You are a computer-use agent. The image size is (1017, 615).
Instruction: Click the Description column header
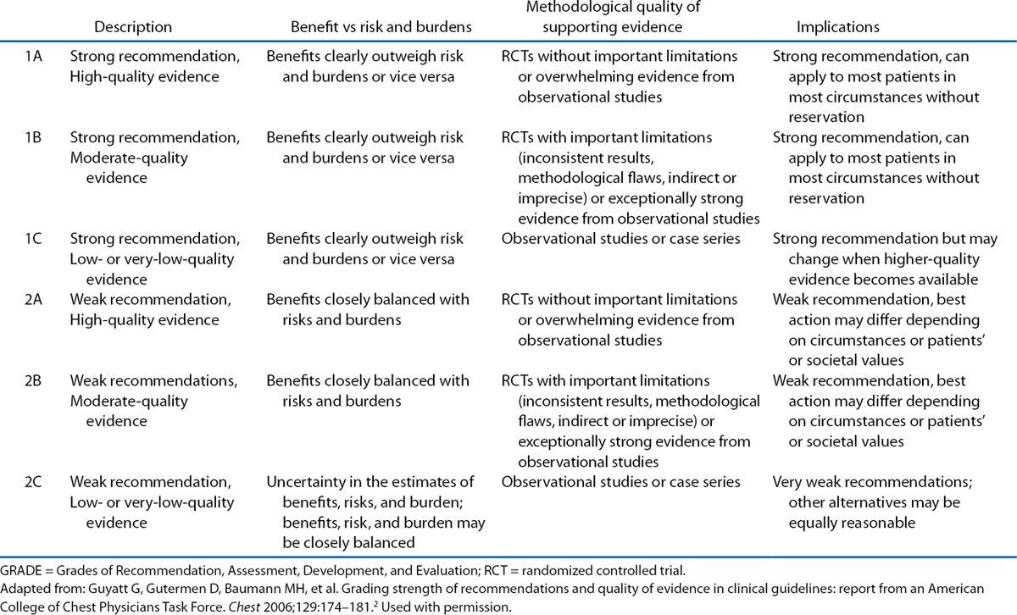(x=133, y=28)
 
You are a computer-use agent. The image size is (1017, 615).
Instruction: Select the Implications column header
(x=837, y=28)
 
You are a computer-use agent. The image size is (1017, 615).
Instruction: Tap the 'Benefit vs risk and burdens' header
(x=381, y=28)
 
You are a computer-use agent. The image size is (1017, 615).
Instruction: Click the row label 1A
(x=36, y=58)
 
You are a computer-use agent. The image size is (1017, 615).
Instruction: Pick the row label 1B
(x=36, y=138)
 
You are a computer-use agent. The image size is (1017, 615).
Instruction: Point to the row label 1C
(x=36, y=239)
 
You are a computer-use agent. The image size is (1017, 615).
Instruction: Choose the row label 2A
(x=36, y=300)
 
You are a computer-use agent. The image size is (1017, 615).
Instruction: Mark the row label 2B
(x=36, y=381)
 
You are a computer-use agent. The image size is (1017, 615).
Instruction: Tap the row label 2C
(x=36, y=483)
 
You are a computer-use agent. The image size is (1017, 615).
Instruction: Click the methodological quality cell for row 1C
(x=620, y=239)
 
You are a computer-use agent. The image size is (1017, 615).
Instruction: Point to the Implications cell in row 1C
(x=877, y=259)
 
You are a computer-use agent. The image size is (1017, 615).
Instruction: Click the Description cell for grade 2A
(x=145, y=310)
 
